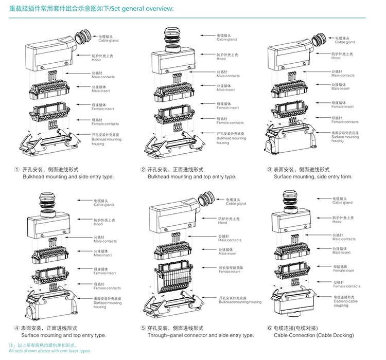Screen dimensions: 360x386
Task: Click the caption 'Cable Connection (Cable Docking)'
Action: tap(313, 335)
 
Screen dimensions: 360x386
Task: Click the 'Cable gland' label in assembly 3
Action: tap(344, 41)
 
